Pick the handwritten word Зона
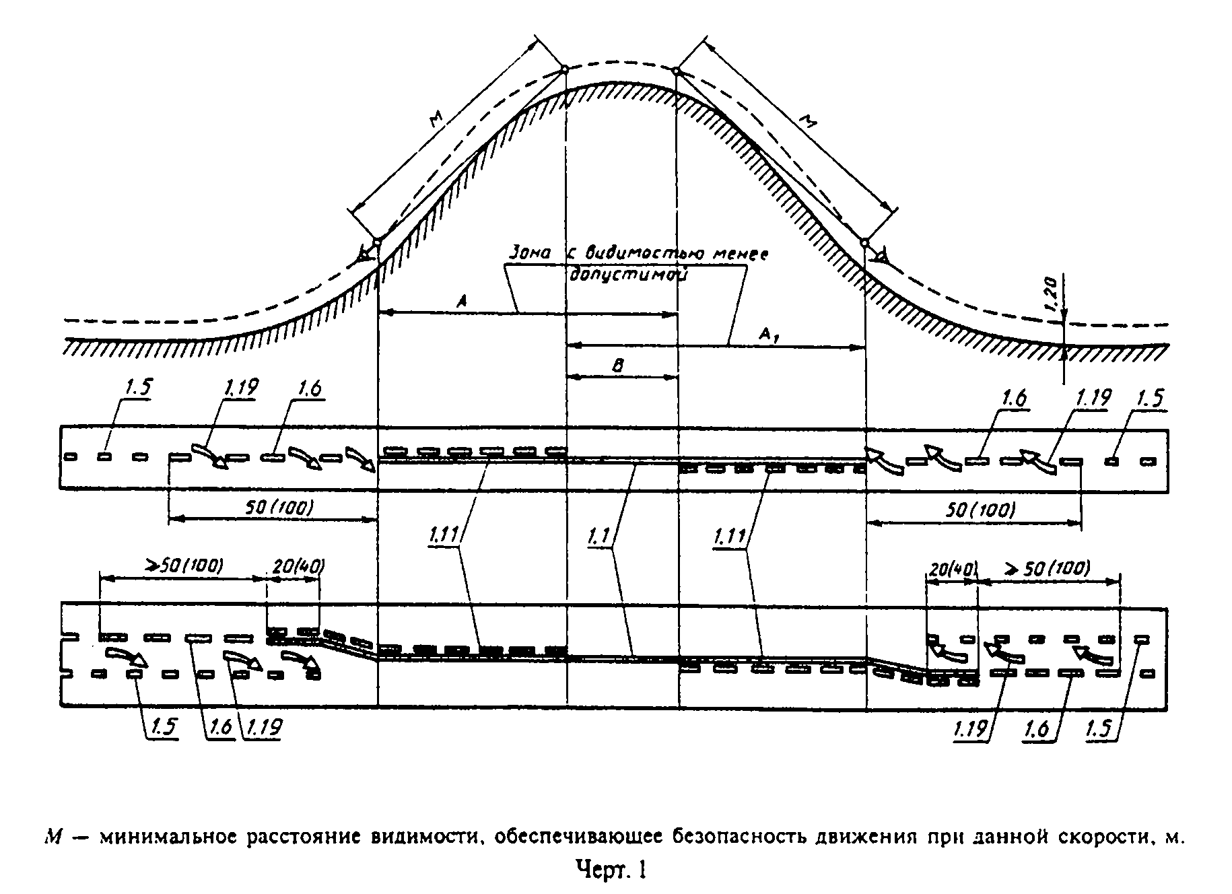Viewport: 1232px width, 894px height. coord(529,254)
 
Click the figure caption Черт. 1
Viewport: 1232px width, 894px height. coord(611,870)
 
